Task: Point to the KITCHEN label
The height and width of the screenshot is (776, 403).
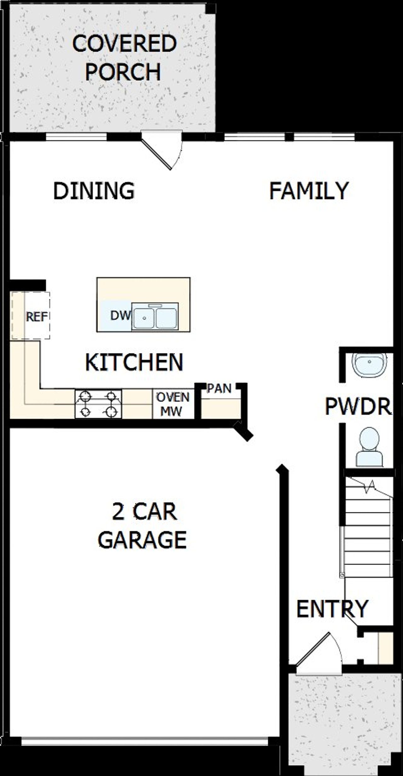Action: (x=134, y=362)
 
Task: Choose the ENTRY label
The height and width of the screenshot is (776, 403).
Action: (x=332, y=608)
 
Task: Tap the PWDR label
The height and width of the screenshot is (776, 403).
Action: (x=358, y=406)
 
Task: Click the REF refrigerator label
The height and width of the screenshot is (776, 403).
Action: (x=37, y=317)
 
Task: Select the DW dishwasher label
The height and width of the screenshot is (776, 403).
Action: (x=120, y=315)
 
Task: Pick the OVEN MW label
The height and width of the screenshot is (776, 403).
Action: (x=173, y=404)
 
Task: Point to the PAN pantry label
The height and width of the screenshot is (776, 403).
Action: (x=219, y=389)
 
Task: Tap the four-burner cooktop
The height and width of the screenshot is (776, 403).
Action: (x=98, y=404)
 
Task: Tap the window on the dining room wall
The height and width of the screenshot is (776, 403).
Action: (x=76, y=137)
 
